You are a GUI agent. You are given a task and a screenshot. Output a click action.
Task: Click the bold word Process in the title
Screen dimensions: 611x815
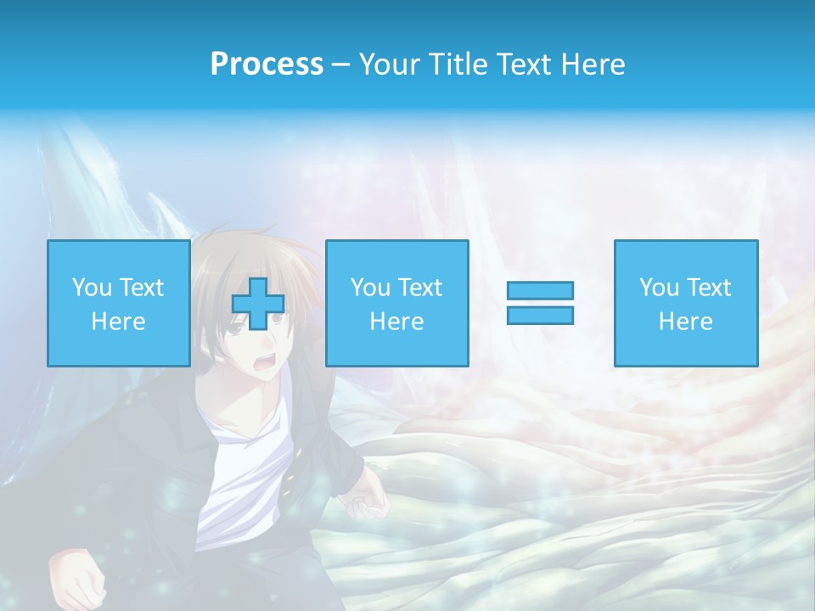pos(267,64)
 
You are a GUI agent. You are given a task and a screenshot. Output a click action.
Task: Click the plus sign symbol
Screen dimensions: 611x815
pos(258,304)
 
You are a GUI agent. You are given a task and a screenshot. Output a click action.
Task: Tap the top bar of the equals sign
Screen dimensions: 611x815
pos(540,290)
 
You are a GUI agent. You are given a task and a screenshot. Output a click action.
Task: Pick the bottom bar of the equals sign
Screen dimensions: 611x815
pos(540,315)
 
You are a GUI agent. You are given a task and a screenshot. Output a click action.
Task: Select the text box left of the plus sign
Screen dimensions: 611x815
pos(118,303)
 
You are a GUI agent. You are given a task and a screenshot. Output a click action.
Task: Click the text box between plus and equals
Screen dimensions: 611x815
pos(396,303)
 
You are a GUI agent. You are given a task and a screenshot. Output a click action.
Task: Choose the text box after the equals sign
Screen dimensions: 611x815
pos(685,303)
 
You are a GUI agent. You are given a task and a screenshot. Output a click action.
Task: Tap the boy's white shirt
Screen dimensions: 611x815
pos(242,475)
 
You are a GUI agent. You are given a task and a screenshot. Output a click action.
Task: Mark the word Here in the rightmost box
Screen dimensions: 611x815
pos(685,322)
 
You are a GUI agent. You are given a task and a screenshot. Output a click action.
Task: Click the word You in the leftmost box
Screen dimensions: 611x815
pos(92,288)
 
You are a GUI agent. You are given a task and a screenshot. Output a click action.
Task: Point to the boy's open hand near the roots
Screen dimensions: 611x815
pos(367,501)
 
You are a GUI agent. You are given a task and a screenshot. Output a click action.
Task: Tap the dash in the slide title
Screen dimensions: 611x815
pos(340,65)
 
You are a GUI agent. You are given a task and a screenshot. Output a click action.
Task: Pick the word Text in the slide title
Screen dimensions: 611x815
pos(523,64)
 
